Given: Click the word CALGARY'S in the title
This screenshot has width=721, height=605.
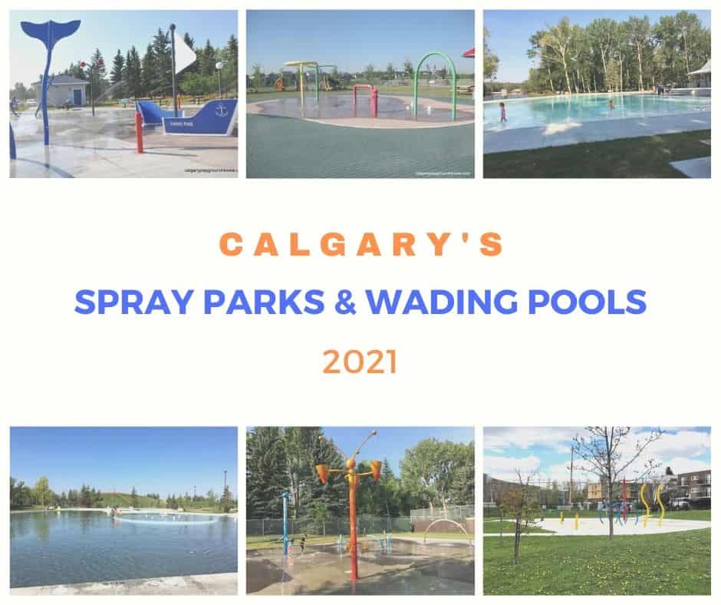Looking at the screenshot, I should pyautogui.click(x=360, y=244).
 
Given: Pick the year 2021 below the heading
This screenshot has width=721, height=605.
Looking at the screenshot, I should pyautogui.click(x=360, y=361).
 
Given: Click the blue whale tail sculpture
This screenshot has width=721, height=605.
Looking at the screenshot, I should pyautogui.click(x=51, y=35).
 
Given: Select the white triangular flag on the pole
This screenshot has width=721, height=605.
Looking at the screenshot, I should pyautogui.click(x=185, y=53).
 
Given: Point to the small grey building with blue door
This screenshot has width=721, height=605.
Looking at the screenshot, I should pyautogui.click(x=61, y=90).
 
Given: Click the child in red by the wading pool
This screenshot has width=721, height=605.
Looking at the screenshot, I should pyautogui.click(x=503, y=112).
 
